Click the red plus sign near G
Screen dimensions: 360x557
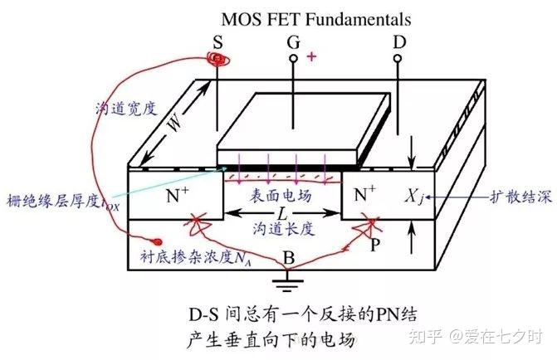[312, 56]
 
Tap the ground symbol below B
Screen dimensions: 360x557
[287, 285]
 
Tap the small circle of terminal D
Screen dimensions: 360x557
[398, 59]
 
